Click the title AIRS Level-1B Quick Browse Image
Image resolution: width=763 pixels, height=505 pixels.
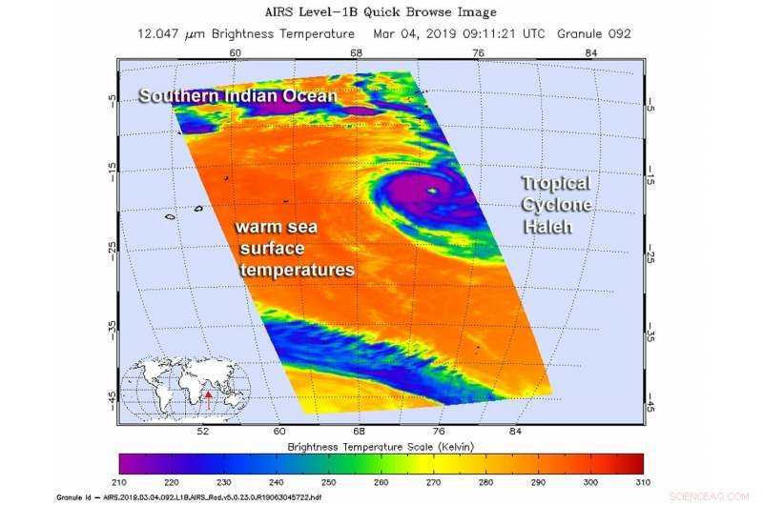click(x=381, y=12)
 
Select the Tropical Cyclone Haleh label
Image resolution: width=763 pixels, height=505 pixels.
click(x=556, y=205)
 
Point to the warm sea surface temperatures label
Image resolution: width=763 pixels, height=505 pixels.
click(x=295, y=250)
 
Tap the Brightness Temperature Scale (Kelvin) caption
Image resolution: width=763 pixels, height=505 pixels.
click(x=381, y=446)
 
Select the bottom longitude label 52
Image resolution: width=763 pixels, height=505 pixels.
click(x=202, y=431)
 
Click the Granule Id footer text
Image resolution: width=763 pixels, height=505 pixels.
click(x=191, y=496)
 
